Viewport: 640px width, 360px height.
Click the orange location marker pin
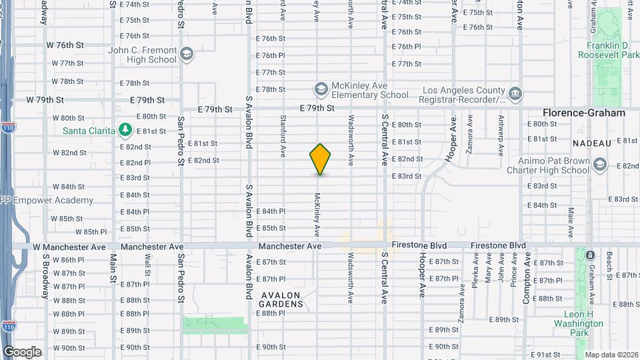point(320,159)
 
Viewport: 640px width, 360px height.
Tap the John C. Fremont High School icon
point(187,53)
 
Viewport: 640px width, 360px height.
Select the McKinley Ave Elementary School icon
point(321,89)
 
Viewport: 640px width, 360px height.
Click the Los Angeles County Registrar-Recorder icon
point(515,95)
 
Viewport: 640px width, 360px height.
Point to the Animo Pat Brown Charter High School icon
point(599,165)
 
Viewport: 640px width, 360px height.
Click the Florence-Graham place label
point(584,113)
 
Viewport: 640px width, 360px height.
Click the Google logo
point(22,352)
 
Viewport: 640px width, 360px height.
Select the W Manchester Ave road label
point(65,247)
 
